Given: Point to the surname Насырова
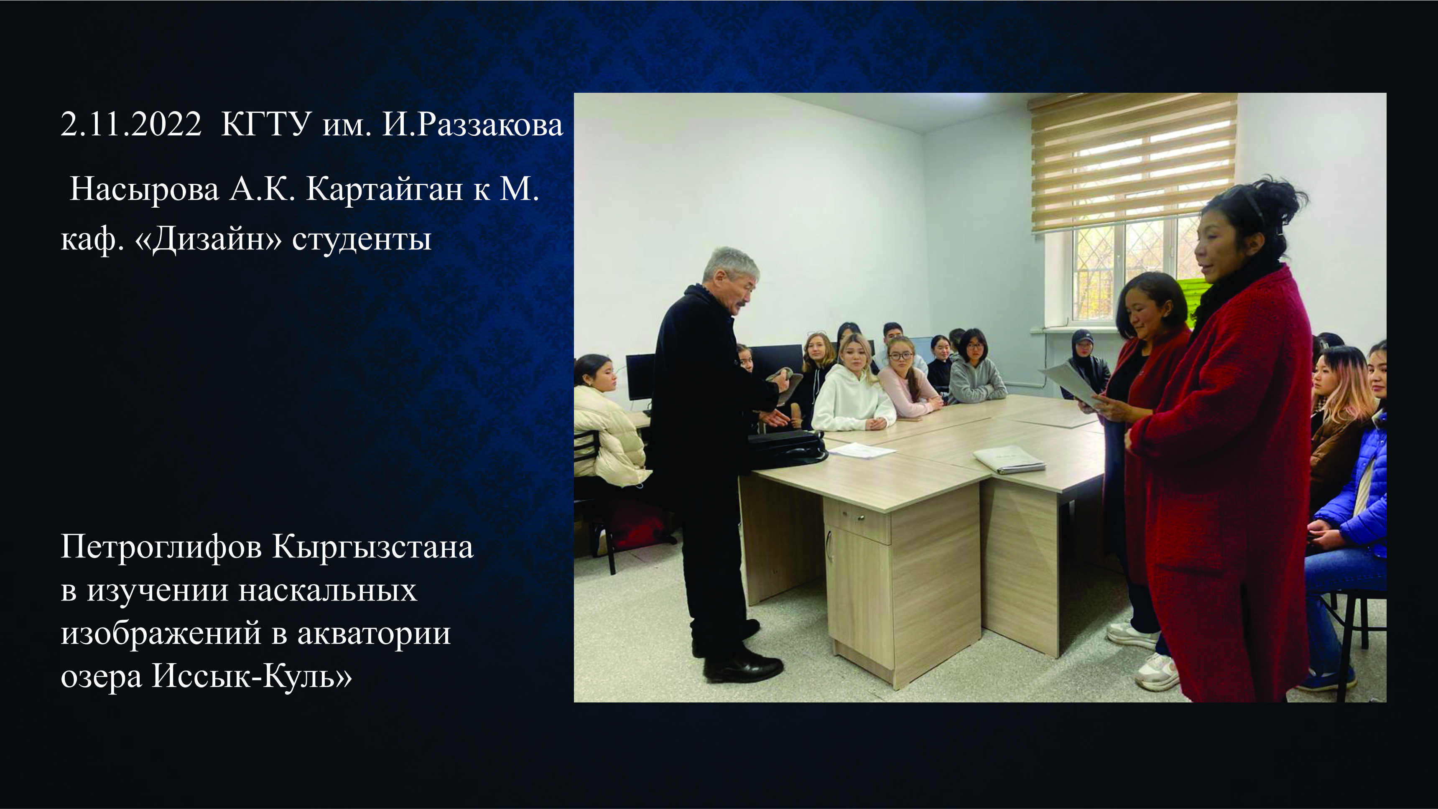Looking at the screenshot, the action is pyautogui.click(x=145, y=190).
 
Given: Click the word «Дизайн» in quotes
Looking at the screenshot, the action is pyautogui.click(x=208, y=240).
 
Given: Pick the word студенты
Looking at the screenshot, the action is pyautogui.click(x=362, y=240).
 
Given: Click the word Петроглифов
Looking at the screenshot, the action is pyautogui.click(x=161, y=548).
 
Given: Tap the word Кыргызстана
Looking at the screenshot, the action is pyautogui.click(x=373, y=548).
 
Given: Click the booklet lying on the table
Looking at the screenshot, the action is pyautogui.click(x=1009, y=459).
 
